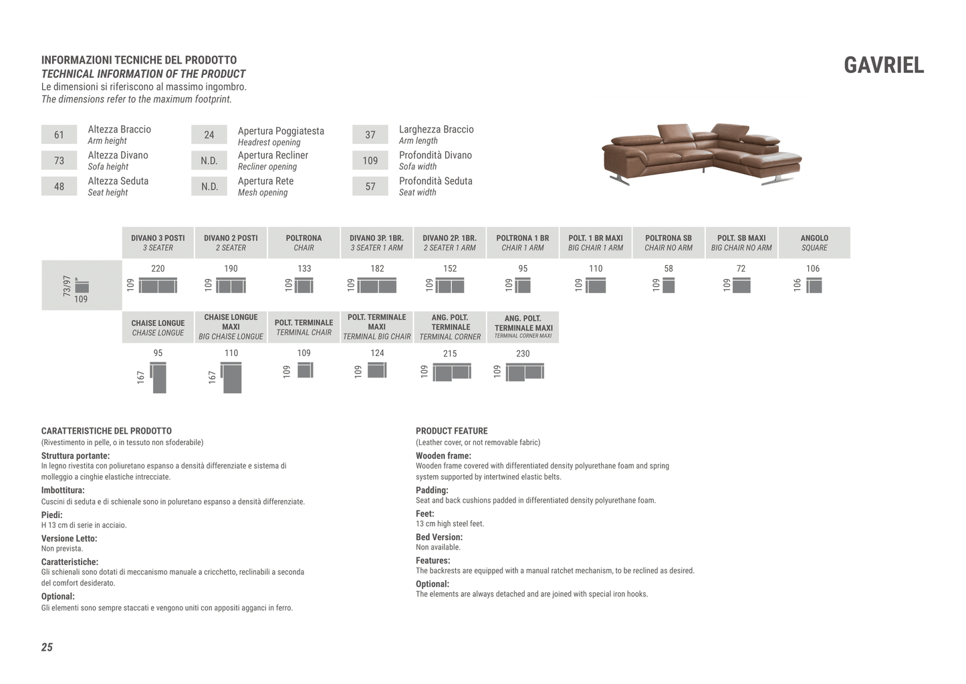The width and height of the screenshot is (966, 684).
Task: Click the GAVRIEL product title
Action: pyautogui.click(x=883, y=66)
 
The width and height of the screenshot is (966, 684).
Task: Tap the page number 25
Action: pyautogui.click(x=47, y=647)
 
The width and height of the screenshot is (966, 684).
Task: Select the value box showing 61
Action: pyautogui.click(x=59, y=135)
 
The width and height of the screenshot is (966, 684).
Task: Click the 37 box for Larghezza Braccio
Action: pyautogui.click(x=370, y=135)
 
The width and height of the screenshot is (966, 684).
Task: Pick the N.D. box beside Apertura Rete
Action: pyautogui.click(x=209, y=187)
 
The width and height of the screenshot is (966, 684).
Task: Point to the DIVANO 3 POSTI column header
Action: pyautogui.click(x=158, y=242)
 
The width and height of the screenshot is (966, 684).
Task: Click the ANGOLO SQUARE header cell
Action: pyautogui.click(x=814, y=242)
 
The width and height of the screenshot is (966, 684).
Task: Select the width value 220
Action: pyautogui.click(x=158, y=268)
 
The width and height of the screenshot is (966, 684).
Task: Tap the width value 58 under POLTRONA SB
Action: pyautogui.click(x=669, y=268)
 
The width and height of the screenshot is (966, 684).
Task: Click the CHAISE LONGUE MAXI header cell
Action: pyautogui.click(x=231, y=327)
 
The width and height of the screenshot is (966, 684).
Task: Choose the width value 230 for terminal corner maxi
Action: pyautogui.click(x=523, y=353)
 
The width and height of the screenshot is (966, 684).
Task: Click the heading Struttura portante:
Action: pyautogui.click(x=76, y=456)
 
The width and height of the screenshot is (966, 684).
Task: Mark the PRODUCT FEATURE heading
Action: pyautogui.click(x=451, y=431)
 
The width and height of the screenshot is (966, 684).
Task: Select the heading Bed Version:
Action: pyautogui.click(x=439, y=537)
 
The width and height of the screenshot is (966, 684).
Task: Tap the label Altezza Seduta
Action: pyautogui.click(x=118, y=181)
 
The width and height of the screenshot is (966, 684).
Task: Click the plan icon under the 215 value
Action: pyautogui.click(x=452, y=371)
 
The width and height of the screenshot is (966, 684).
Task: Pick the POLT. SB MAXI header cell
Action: pyautogui.click(x=741, y=242)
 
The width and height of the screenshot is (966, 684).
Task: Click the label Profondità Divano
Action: pyautogui.click(x=435, y=155)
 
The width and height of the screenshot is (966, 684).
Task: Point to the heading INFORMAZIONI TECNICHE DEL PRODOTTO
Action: pyautogui.click(x=139, y=60)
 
